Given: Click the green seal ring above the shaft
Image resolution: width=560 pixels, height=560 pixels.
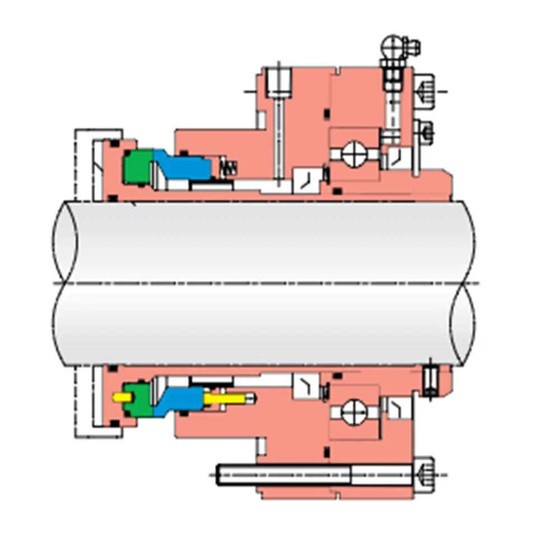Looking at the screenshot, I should tap(137, 166).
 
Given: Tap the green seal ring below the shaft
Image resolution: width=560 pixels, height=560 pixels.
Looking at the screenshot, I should tap(137, 399).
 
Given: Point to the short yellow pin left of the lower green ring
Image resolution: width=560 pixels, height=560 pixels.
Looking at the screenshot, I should tap(120, 396).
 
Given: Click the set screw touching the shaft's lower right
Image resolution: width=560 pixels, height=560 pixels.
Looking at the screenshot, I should tap(430, 381).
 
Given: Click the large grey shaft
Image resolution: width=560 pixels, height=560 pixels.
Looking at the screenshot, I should tap(263, 283).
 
